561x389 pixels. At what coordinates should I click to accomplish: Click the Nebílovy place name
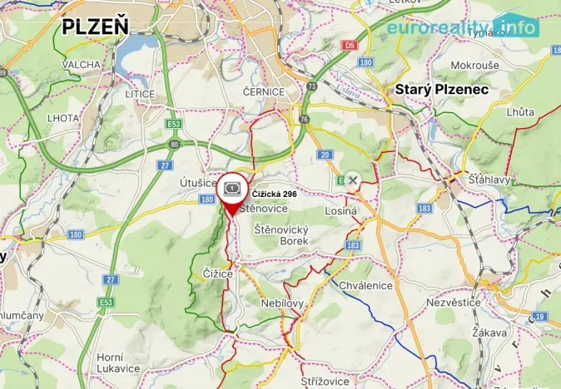pos(283,303)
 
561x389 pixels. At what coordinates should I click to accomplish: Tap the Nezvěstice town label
pos(454,303)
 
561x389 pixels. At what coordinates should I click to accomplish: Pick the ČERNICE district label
pos(265,92)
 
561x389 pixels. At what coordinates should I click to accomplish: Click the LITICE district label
pos(140,94)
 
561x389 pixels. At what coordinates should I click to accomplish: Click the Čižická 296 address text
pos(274,194)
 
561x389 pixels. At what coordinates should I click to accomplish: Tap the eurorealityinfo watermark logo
pos(463,27)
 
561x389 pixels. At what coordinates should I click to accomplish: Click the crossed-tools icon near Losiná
pos(353,180)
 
